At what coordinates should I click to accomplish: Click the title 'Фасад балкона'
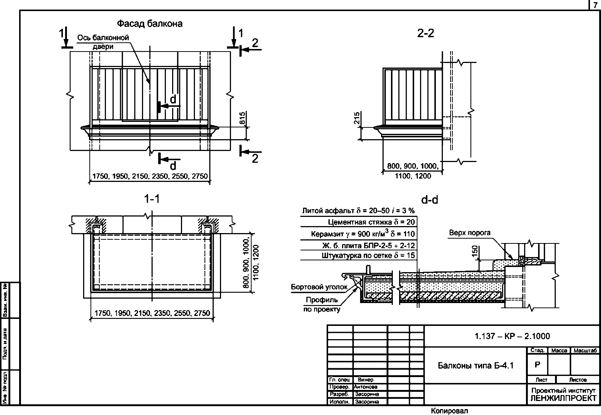150,24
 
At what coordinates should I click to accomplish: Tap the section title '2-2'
426,33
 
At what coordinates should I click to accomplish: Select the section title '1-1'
152,199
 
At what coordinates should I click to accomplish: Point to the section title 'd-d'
430,200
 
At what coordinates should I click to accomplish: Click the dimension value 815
242,118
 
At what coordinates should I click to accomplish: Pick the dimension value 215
356,118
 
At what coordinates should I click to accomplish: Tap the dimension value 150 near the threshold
474,251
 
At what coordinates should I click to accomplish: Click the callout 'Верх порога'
470,233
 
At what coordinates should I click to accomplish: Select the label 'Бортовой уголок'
319,287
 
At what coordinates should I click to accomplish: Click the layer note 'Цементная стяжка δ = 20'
371,222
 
